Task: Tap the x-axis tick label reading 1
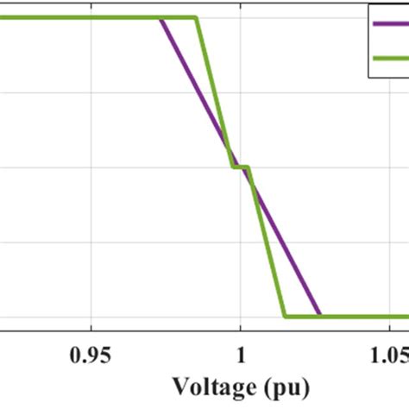click(241, 354)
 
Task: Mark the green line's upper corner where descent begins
click(197, 18)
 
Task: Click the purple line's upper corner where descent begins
click(161, 18)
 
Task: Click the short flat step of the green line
click(241, 167)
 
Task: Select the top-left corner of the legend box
click(368, 5)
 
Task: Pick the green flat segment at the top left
click(86, 18)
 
